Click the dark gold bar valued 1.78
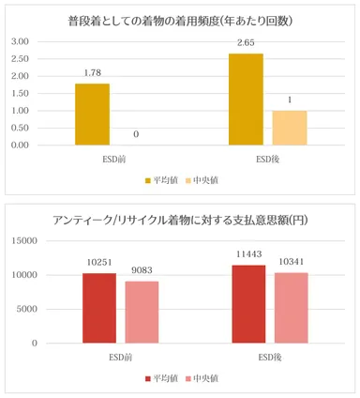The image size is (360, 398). point(92,115)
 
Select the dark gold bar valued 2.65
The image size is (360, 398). point(246,99)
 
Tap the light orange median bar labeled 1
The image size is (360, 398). point(289,128)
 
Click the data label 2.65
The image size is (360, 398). point(246,43)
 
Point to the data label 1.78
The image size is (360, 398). point(92,73)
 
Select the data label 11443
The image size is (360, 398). point(249,255)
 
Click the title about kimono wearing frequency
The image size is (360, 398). point(180,20)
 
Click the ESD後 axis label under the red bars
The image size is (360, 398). point(270,357)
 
